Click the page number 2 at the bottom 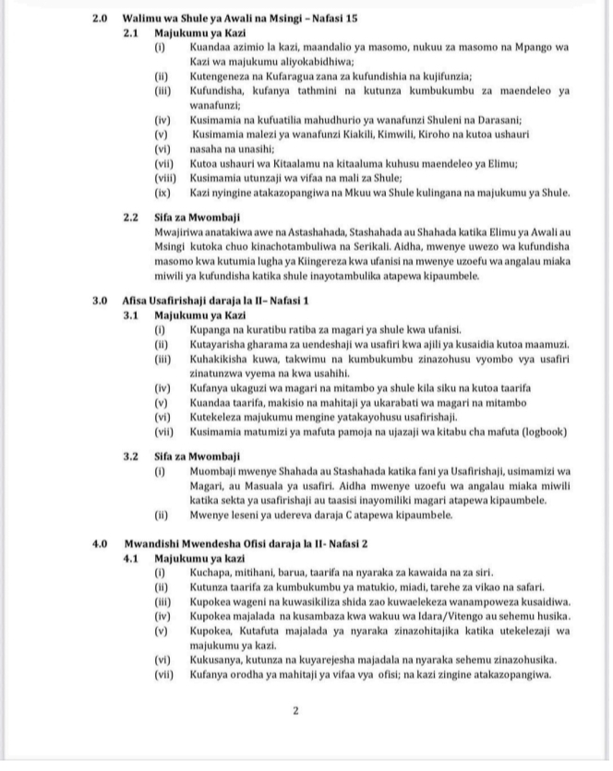click(295, 711)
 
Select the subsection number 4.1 click(134, 558)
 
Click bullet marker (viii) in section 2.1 click(163, 177)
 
